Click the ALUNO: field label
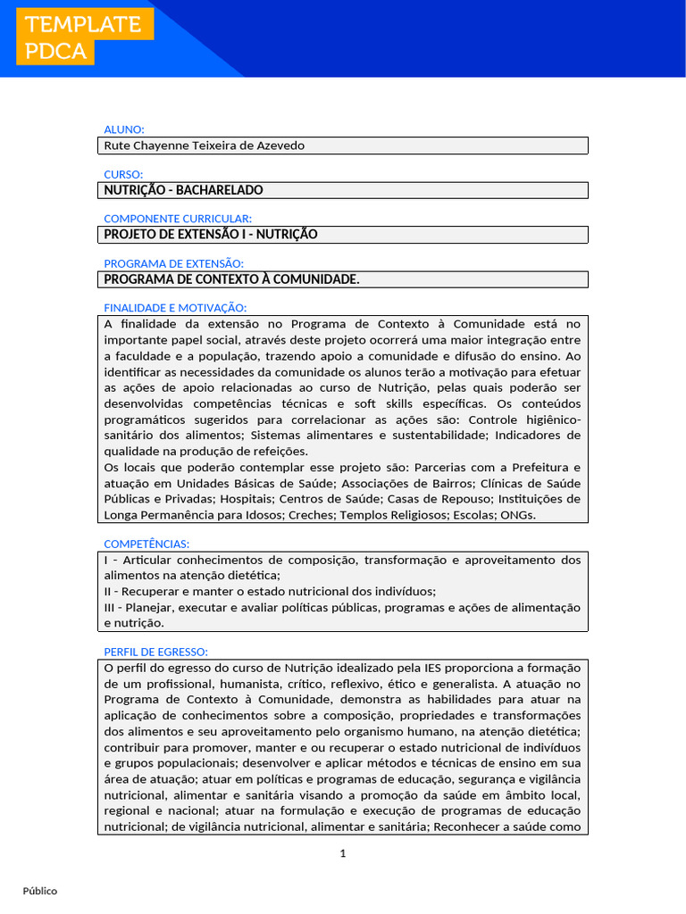(124, 129)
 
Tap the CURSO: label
(123, 174)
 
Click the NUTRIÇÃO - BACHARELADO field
(184, 190)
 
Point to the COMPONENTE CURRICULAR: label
(178, 219)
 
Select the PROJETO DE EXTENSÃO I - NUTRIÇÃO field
(211, 235)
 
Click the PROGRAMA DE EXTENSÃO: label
(173, 263)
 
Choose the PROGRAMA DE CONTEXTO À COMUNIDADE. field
(232, 279)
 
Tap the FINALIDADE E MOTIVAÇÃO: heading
(175, 308)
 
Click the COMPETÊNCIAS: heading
(146, 544)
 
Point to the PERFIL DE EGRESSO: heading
(155, 652)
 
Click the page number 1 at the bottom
(342, 854)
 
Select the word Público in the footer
(40, 891)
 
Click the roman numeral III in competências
(110, 607)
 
